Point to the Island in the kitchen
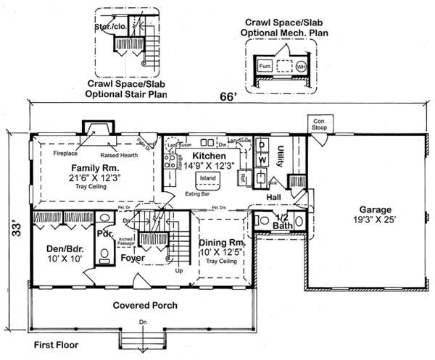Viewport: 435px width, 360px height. tap(209, 177)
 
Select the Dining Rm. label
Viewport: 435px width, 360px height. tap(223, 245)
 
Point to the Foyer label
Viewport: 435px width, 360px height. tap(133, 258)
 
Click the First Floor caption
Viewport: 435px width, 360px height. tap(56, 346)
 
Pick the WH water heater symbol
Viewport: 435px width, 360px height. tap(300, 67)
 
